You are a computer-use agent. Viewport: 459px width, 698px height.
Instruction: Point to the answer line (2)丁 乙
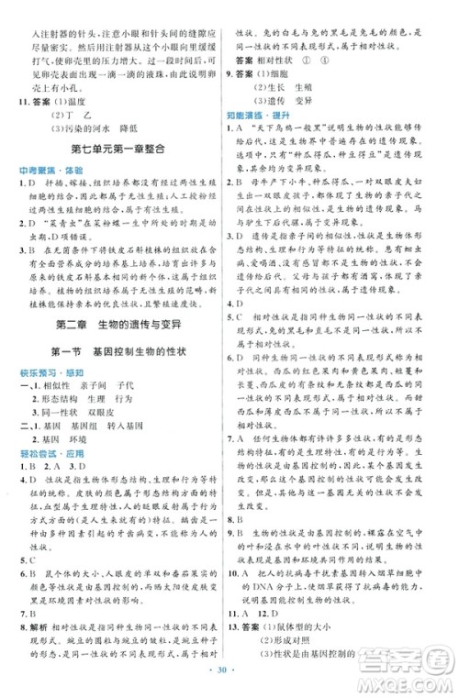[x=77, y=116]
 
